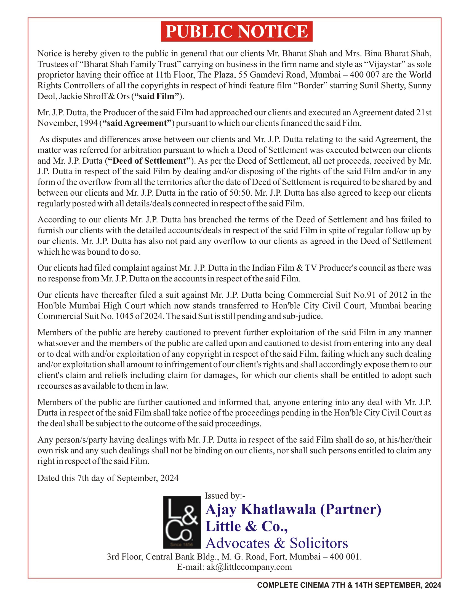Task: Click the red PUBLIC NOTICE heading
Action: (x=237, y=31)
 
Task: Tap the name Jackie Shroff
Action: (x=83, y=96)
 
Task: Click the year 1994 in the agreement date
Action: (x=89, y=123)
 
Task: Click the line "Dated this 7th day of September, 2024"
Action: (x=108, y=478)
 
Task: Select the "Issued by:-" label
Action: (x=225, y=496)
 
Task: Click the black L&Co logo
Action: (x=182, y=522)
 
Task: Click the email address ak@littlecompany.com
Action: (x=249, y=567)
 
